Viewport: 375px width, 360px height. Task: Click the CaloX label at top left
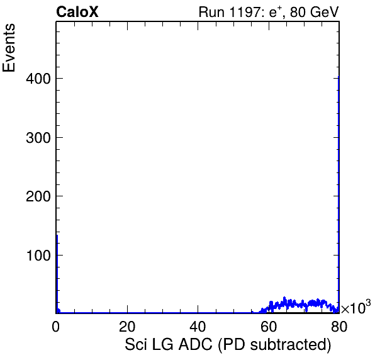point(77,12)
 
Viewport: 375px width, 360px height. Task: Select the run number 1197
point(245,12)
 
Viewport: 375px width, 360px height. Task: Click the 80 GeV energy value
point(315,12)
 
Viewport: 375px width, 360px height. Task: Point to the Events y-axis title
point(9,48)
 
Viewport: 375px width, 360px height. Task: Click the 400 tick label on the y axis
point(38,79)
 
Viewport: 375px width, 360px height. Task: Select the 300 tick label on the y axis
point(38,138)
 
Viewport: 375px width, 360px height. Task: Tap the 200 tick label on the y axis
point(38,196)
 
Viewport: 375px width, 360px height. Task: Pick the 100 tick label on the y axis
point(38,256)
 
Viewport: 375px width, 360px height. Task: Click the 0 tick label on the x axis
point(56,327)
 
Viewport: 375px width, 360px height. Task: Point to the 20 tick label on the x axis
point(127,327)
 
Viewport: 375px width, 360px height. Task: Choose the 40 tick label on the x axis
point(198,327)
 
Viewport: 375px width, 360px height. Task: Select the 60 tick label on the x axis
point(269,327)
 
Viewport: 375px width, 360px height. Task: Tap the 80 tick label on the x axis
point(339,327)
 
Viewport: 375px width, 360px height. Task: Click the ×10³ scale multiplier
point(356,307)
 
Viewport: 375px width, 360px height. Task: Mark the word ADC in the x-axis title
point(195,345)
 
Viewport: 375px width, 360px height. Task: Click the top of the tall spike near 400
point(339,77)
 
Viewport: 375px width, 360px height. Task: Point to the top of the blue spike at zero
point(57,235)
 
